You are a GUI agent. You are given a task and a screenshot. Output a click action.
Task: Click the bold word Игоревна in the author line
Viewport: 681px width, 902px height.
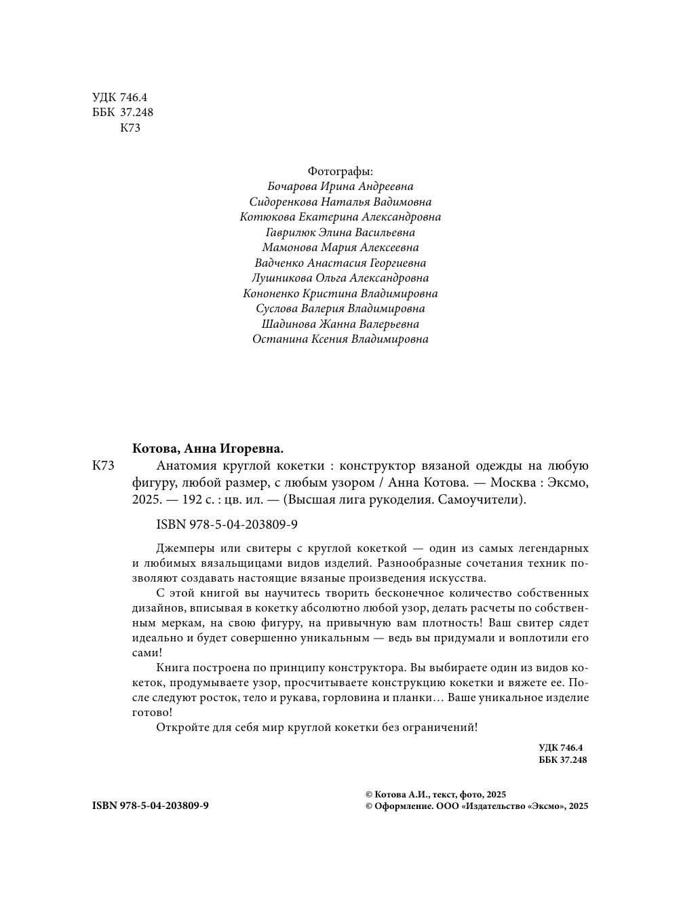coord(250,449)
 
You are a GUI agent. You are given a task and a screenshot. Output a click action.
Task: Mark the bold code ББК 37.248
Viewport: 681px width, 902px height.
coord(562,759)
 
